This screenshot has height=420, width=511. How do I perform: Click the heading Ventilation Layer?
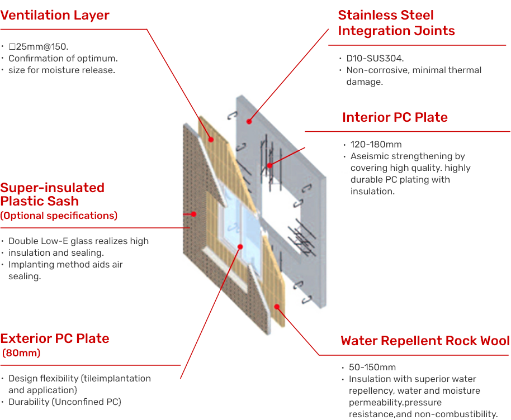[x=55, y=15]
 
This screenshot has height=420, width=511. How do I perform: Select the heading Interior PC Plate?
[x=395, y=117]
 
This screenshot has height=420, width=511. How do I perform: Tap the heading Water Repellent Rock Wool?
[x=425, y=341]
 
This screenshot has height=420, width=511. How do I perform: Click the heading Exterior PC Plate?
[x=55, y=338]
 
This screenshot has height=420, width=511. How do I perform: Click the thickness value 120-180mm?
[x=376, y=145]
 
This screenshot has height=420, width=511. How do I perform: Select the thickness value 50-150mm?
[x=372, y=367]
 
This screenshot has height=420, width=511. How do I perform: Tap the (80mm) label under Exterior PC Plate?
[x=22, y=353]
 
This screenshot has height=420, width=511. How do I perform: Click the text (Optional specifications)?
[x=59, y=216]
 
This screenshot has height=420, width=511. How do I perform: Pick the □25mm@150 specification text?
[x=38, y=46]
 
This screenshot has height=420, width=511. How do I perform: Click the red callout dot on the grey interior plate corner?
[x=249, y=120]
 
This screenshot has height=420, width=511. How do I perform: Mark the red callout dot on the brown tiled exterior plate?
[x=193, y=213]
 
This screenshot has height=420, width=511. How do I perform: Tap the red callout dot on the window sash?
[x=240, y=246]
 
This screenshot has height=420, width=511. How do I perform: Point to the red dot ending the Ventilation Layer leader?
[x=211, y=140]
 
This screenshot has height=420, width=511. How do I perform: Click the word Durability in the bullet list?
[x=28, y=402]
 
